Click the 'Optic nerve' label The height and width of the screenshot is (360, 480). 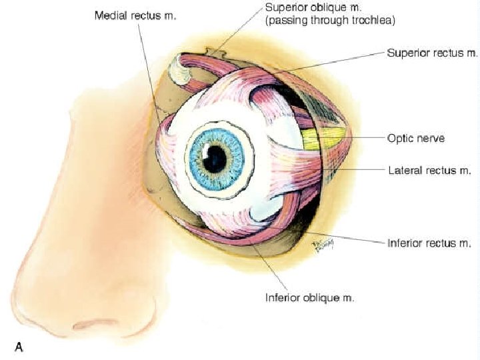pos(416,138)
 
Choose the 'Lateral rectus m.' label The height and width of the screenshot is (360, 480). pos(429,171)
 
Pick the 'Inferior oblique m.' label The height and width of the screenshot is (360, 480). pos(309,297)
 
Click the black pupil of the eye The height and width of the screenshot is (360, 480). pos(215,158)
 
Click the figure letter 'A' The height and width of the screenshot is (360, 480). pos(19,347)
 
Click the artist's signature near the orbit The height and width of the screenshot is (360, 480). pos(320,246)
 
